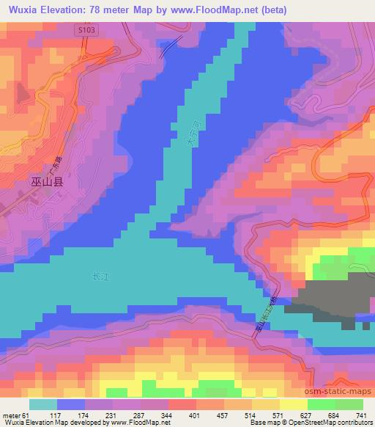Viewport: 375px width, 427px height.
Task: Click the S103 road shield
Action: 86,29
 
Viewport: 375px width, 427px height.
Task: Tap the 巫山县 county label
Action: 47,183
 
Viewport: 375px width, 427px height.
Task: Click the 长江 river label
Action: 98,277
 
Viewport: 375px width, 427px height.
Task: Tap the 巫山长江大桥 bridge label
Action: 266,315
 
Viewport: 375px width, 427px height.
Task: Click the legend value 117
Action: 56,415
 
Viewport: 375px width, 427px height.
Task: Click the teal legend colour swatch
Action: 42,404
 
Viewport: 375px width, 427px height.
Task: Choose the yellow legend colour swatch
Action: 293,404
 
